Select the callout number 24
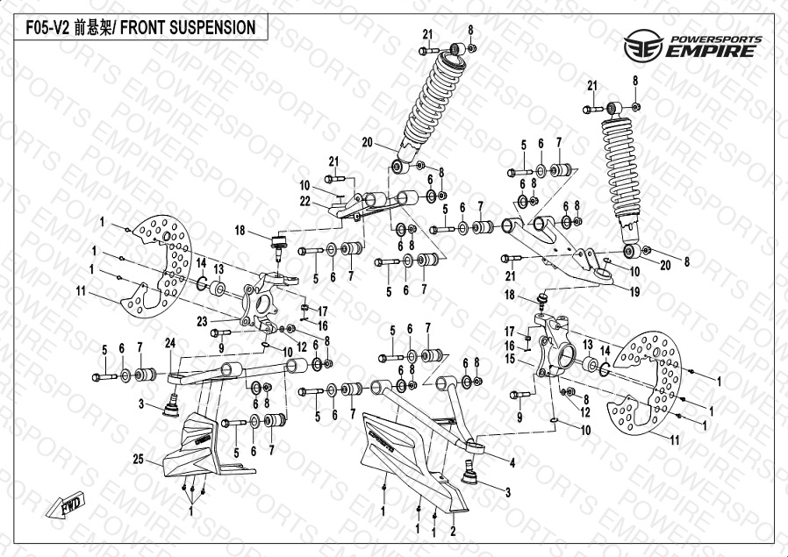tap(170, 341)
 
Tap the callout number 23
tap(202, 322)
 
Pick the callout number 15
tap(522, 358)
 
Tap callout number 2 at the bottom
tap(453, 532)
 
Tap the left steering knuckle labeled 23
tap(255, 303)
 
